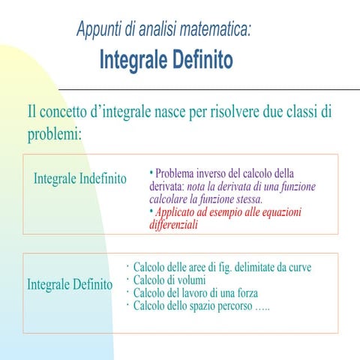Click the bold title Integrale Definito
coord(166,59)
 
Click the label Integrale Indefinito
coord(80,179)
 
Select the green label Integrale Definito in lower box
coord(70,285)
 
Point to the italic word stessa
coord(246,199)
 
